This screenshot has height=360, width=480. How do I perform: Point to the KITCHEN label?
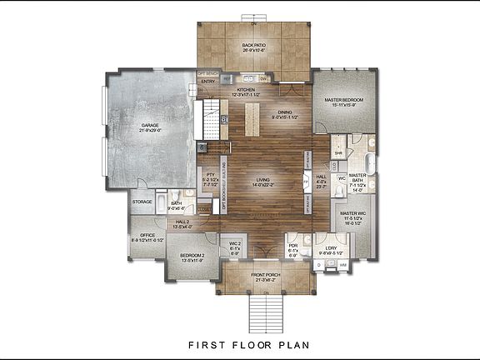[x=246, y=89]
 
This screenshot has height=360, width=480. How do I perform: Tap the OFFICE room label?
[x=147, y=237]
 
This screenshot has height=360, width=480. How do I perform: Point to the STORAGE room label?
[x=142, y=202]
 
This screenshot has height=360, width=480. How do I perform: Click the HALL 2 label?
[x=182, y=222]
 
